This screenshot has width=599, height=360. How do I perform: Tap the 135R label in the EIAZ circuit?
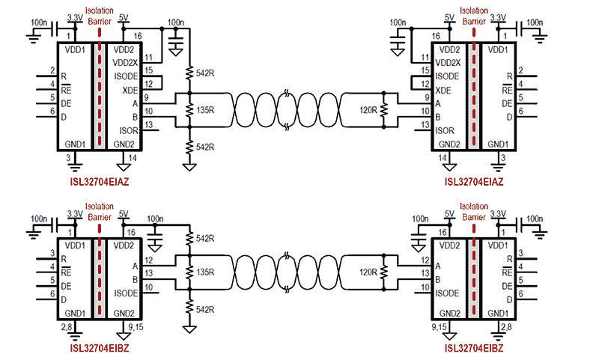click(204, 110)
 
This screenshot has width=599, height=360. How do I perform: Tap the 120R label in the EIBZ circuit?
click(367, 272)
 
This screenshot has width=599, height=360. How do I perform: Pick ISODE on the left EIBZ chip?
click(126, 293)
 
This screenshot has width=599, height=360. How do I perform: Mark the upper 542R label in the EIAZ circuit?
click(204, 73)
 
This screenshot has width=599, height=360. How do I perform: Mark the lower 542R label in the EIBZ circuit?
click(204, 308)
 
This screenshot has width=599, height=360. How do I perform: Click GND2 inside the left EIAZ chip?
click(124, 144)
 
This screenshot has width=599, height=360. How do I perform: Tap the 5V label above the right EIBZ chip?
click(450, 213)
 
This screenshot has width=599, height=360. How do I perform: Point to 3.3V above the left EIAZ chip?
click(75, 16)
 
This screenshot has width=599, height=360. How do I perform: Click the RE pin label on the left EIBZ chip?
click(67, 272)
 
